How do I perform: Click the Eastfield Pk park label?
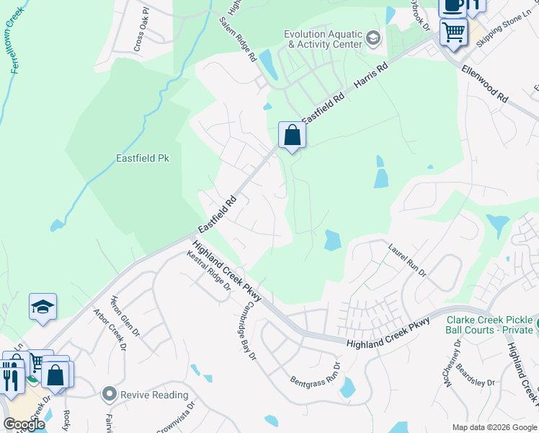[143, 157]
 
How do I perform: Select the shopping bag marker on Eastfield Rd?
[292, 135]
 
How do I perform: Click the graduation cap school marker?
[43, 307]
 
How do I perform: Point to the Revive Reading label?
[153, 395]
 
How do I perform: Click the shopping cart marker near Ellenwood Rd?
[453, 32]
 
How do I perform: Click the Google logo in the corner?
[24, 424]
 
